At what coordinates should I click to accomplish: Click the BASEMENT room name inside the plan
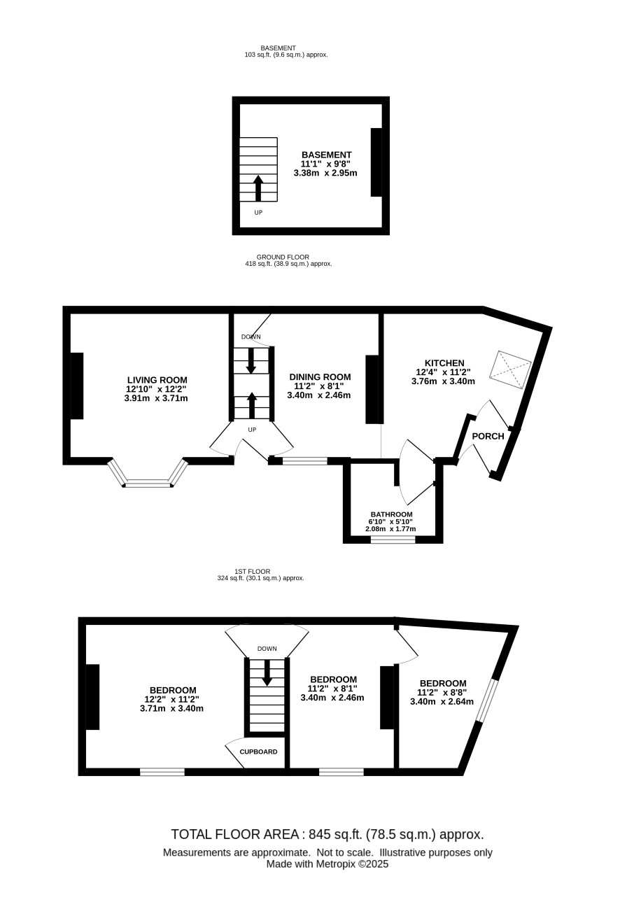pos(326,155)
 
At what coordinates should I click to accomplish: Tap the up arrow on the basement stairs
pos(258,188)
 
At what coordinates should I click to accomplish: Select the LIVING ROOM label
pos(157,380)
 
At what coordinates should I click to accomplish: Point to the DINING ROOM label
pos(320,377)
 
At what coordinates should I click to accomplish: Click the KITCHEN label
pos(444,363)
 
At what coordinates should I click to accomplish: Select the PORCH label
pos(488,437)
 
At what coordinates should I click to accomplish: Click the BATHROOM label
pos(391,514)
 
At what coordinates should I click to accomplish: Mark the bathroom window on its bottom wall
pos(393,540)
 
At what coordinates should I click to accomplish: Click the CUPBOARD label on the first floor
pos(258,752)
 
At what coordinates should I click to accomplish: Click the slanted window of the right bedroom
pos(486,700)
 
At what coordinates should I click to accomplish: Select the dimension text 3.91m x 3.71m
pos(156,398)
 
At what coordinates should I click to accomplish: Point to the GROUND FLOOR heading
pos(283,258)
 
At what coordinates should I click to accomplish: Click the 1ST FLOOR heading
pos(253,571)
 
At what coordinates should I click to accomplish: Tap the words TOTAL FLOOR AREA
pos(234,834)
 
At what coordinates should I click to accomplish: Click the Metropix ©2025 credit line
pos(327,864)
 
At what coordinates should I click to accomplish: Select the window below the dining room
pos(304,461)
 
